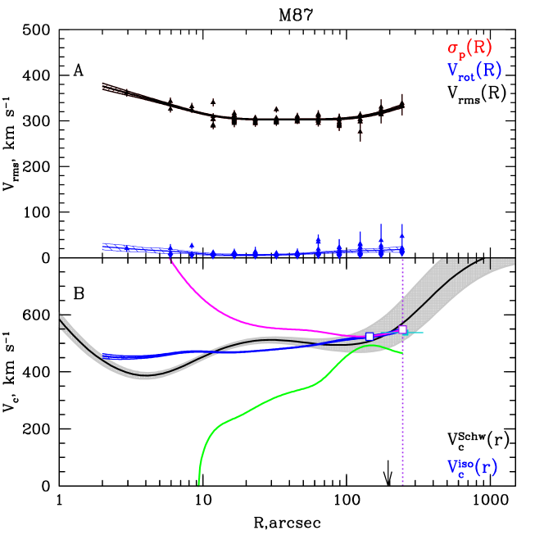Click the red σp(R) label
tap(469, 48)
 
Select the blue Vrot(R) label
tap(474, 70)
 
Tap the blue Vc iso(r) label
tap(472, 468)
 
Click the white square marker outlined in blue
tap(369, 336)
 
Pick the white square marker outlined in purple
tap(402, 329)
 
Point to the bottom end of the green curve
tap(198, 486)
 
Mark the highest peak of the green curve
tap(373, 345)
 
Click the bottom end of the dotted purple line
tap(402, 484)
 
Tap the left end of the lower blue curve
tap(103, 356)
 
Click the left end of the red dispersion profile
tap(102, 86)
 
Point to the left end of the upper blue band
tap(102, 245)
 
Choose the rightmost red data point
tap(401, 104)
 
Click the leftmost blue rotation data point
tap(170, 251)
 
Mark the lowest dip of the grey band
tap(145, 374)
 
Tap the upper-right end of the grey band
tap(514, 261)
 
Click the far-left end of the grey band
tap(61, 320)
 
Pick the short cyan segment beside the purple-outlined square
tap(415, 333)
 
